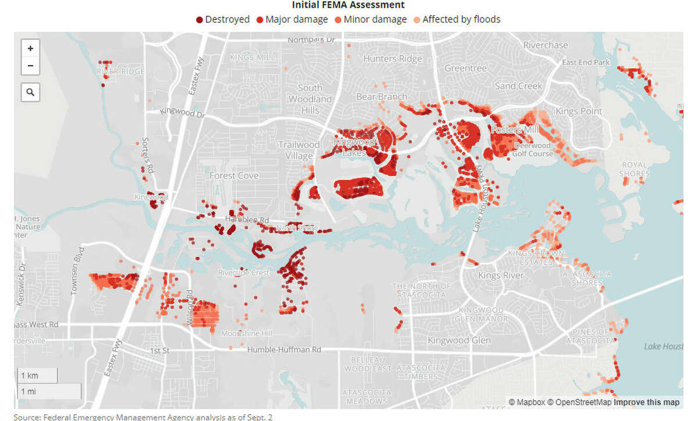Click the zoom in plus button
pos(30,48)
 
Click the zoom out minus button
pos(30,66)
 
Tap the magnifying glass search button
pos(30,92)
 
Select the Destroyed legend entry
pos(223,20)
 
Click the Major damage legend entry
pos(292,20)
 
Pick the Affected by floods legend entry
pos(456,20)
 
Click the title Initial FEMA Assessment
pos(348,5)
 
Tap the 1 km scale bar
pos(37,376)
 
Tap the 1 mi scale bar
pos(47,391)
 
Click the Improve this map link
pos(646,402)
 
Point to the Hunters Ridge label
pos(393,59)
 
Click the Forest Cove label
pos(234,175)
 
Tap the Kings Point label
pos(579,111)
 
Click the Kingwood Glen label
pos(459,340)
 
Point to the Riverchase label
pos(546,45)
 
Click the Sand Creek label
pos(518,86)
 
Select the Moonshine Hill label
pos(247,333)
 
